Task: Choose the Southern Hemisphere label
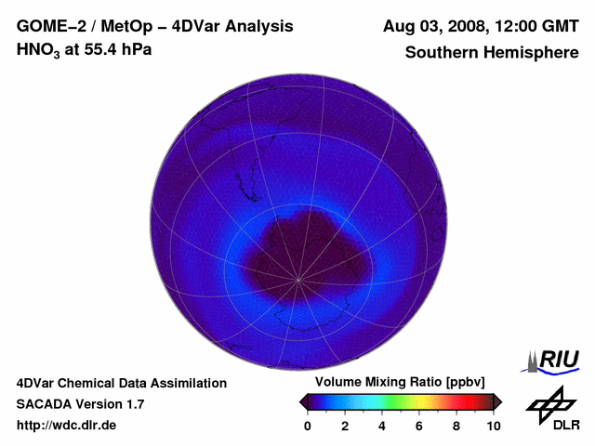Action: [492, 53]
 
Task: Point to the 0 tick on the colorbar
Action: [308, 426]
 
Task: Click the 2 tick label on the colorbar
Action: [345, 426]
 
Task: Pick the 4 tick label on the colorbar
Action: [382, 426]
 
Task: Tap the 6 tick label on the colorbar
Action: [419, 426]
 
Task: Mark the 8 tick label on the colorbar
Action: [456, 426]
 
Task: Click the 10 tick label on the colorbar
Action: [493, 426]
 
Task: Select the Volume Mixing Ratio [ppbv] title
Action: [400, 382]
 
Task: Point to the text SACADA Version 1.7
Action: [80, 404]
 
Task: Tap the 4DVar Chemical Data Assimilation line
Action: [121, 383]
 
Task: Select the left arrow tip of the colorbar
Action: [302, 401]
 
